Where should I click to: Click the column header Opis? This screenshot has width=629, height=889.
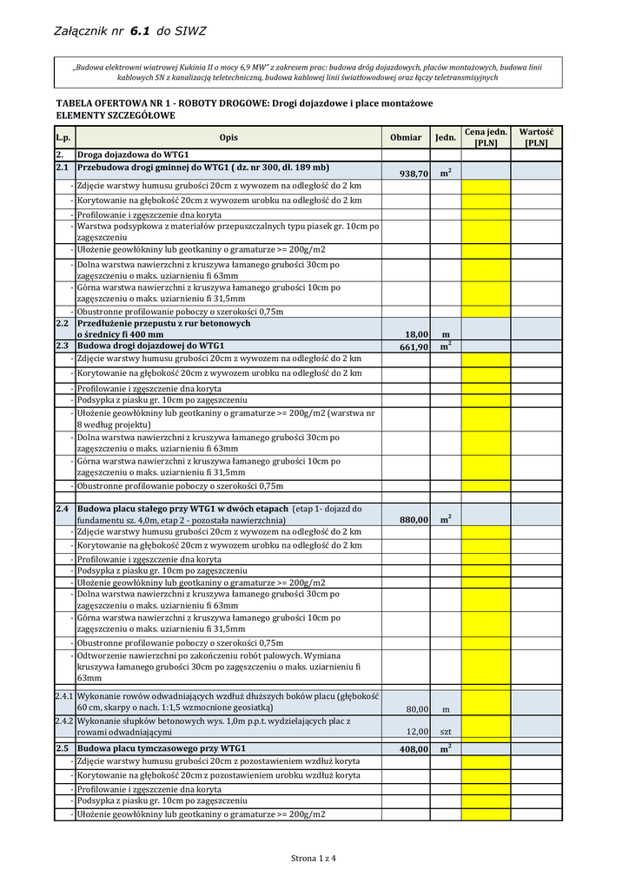[228, 137]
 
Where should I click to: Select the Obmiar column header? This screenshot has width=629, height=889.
[406, 137]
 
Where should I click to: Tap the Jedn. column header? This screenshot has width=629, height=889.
[445, 137]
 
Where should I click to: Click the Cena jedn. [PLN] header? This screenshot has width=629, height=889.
[486, 137]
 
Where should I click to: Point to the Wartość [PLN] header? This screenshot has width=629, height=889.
[536, 137]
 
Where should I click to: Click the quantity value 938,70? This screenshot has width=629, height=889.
[414, 174]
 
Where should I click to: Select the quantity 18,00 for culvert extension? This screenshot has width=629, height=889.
[417, 334]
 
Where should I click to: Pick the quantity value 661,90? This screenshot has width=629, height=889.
[414, 347]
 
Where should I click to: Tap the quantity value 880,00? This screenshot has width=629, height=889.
[414, 520]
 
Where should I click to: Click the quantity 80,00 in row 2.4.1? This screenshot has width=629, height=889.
[417, 708]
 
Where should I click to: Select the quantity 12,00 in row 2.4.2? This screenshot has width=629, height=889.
[417, 732]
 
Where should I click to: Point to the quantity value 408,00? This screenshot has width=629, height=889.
[414, 749]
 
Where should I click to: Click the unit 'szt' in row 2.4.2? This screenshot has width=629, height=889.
[445, 732]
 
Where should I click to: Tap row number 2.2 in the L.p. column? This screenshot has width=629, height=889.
[62, 323]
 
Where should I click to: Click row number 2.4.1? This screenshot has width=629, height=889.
[64, 696]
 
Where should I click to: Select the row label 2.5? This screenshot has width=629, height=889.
[62, 747]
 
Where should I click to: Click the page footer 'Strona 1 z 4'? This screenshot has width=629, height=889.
[314, 859]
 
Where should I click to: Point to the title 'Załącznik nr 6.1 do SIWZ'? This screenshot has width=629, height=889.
[130, 31]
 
